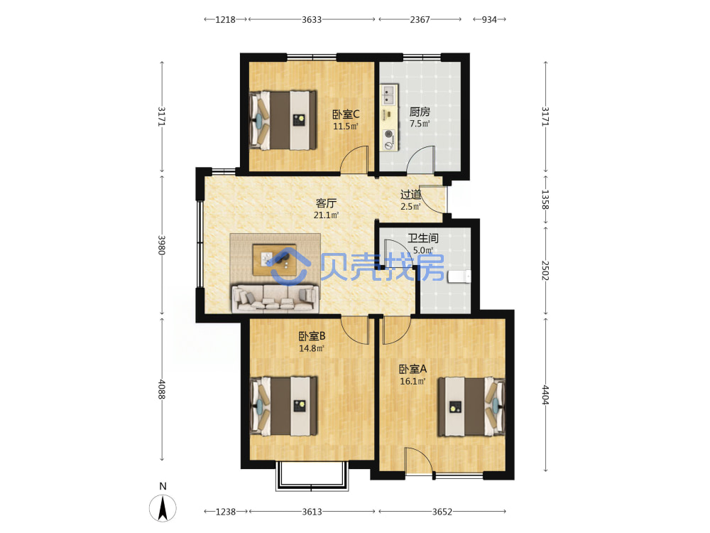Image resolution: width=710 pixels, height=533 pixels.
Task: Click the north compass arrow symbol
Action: (163, 507)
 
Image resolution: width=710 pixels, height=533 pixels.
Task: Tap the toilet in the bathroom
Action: (459, 276)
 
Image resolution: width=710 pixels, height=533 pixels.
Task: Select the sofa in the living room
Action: (275, 298)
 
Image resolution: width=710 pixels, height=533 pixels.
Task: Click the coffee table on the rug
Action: (274, 259)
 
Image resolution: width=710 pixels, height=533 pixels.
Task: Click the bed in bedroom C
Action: (283, 120)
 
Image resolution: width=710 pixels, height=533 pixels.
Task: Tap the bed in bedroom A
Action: (471, 407)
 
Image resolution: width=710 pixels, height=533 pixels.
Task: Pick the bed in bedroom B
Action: (283, 406)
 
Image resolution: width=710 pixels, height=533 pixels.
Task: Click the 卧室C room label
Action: (346, 114)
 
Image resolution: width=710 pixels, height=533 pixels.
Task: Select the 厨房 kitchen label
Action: (420, 112)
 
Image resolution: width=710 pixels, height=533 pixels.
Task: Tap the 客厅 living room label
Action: (326, 203)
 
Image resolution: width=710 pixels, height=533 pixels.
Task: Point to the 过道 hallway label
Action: (410, 195)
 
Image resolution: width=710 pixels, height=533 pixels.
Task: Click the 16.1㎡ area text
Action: (413, 382)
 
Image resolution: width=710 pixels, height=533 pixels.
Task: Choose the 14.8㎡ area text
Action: (312, 348)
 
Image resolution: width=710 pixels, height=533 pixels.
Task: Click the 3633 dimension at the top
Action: (312, 19)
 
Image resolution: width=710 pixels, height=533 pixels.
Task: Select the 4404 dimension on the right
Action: (545, 394)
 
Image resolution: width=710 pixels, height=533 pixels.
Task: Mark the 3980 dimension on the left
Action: (162, 244)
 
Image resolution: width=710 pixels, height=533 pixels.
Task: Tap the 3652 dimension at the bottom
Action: (442, 512)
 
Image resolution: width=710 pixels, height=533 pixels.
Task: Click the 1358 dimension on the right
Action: (545, 200)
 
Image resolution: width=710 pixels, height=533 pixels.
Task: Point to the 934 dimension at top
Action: (489, 19)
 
